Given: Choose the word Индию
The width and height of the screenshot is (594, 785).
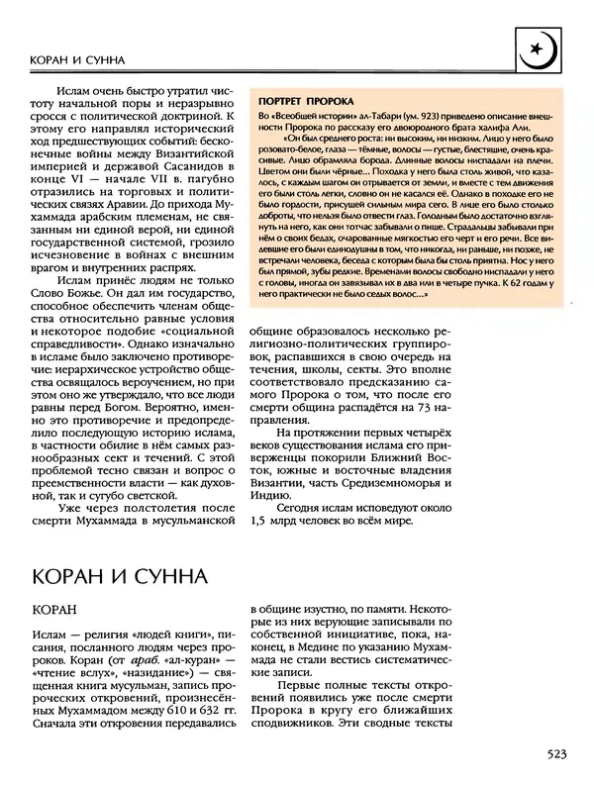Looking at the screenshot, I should point(271,491).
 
